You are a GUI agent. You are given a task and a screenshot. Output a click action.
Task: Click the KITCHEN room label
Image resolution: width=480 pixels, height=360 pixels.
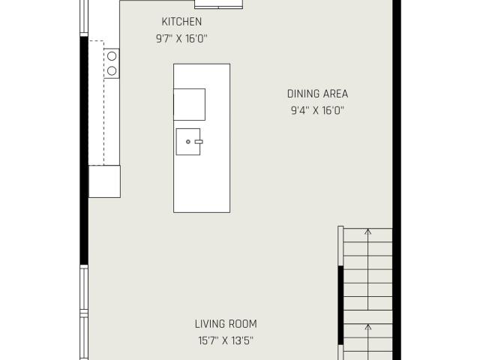click(x=181, y=22)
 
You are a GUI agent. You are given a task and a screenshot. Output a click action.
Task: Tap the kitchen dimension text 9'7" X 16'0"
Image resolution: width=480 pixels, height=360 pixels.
click(x=181, y=39)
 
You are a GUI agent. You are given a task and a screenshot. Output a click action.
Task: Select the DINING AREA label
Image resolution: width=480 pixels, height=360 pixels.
click(x=317, y=94)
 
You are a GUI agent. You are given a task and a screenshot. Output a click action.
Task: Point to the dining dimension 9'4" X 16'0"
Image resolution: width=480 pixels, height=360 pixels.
click(x=317, y=110)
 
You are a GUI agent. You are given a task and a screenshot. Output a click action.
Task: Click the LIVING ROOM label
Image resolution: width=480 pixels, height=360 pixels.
click(x=226, y=324)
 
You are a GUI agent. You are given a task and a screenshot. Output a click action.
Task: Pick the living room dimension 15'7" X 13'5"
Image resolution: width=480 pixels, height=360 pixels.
click(x=226, y=340)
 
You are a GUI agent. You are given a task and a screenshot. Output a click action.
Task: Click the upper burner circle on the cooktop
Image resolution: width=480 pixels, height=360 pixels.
click(x=112, y=56)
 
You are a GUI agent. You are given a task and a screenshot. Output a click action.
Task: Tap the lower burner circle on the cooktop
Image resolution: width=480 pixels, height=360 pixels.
click(x=112, y=71)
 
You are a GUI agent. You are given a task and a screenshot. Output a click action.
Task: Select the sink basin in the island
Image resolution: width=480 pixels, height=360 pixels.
click(x=188, y=142)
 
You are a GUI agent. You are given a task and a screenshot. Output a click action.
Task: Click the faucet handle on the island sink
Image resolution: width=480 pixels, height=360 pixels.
click(x=199, y=142)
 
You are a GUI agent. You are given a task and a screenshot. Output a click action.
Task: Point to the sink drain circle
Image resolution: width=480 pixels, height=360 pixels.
click(x=188, y=142)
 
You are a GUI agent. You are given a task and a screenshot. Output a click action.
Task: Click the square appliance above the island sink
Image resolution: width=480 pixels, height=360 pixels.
click(x=189, y=104)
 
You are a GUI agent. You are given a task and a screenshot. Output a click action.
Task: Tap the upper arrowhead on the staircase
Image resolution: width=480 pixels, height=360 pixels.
click(x=368, y=231)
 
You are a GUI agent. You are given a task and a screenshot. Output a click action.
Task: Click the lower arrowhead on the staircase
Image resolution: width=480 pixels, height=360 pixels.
click(x=368, y=327)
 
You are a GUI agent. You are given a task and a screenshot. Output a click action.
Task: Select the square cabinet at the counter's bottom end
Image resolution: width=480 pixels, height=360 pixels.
click(x=104, y=181)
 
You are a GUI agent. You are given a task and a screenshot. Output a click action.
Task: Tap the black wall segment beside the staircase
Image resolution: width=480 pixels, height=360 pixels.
click(x=340, y=305)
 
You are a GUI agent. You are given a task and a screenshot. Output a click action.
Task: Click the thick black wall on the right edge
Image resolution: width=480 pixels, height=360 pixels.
click(x=397, y=180)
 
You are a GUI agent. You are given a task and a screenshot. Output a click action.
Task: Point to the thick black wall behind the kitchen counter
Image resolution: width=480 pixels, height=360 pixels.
click(x=84, y=150)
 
